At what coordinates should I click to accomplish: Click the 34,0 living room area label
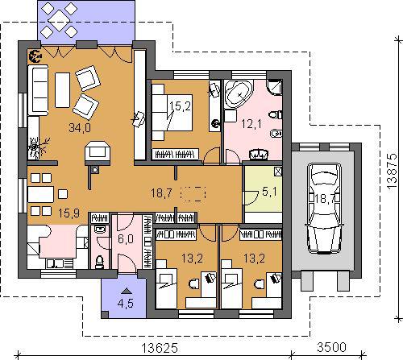[80, 127]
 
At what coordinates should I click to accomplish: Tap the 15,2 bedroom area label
[180, 106]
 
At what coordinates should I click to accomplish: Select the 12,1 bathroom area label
[251, 124]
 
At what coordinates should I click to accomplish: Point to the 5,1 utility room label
[269, 192]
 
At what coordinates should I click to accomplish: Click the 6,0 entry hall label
[126, 238]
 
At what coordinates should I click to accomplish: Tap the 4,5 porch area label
[126, 304]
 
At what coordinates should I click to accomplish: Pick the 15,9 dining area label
[69, 213]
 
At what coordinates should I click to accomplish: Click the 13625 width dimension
[160, 348]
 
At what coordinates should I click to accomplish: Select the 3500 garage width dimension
[331, 347]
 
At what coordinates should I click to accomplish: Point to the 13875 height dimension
[393, 171]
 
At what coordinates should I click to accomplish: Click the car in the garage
[324, 209]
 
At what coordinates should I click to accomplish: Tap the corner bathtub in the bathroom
[239, 94]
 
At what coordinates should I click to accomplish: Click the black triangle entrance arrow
[126, 291]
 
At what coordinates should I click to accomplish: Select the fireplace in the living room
[98, 153]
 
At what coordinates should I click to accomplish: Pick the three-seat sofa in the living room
[38, 90]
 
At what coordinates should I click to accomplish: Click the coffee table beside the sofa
[62, 90]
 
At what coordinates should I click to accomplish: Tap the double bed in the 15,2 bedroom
[172, 112]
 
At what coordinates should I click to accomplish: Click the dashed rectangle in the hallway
[193, 193]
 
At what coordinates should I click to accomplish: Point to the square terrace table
[59, 20]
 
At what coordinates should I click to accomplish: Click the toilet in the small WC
[99, 262]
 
